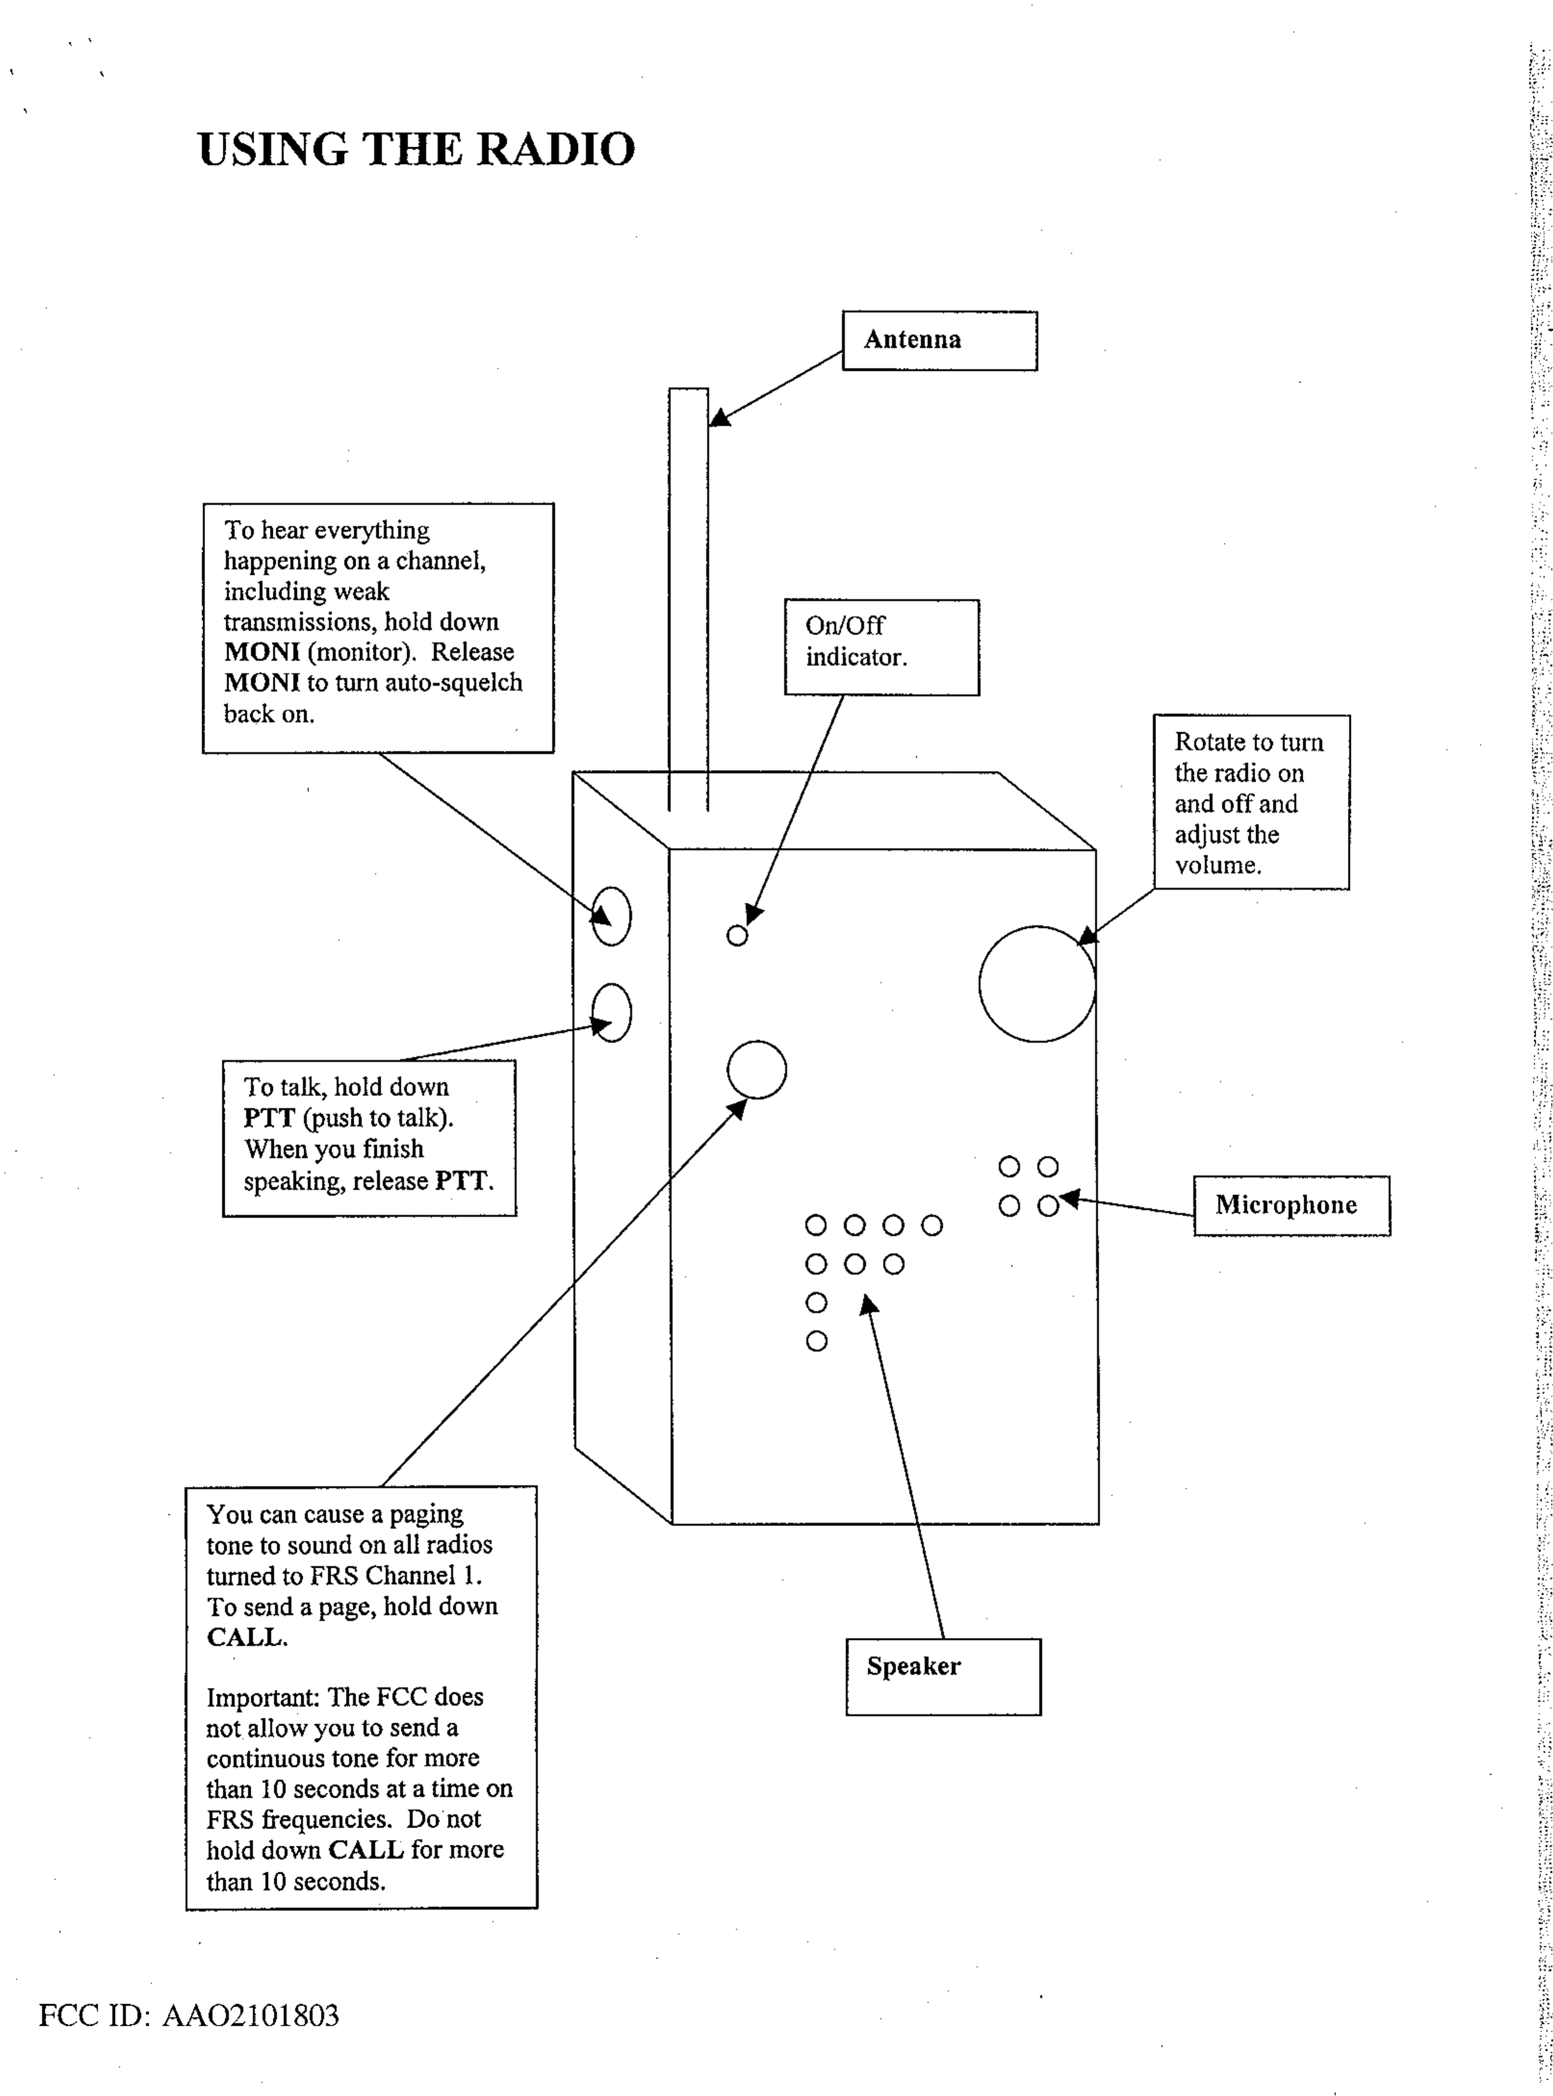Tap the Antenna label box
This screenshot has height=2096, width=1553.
coord(939,340)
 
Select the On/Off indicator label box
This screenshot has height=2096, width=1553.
coord(881,647)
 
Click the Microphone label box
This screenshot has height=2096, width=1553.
coord(1291,1205)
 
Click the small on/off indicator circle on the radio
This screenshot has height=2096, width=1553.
coord(737,935)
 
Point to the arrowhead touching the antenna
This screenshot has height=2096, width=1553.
coord(719,417)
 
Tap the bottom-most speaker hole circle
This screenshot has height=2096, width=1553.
coord(817,1341)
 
